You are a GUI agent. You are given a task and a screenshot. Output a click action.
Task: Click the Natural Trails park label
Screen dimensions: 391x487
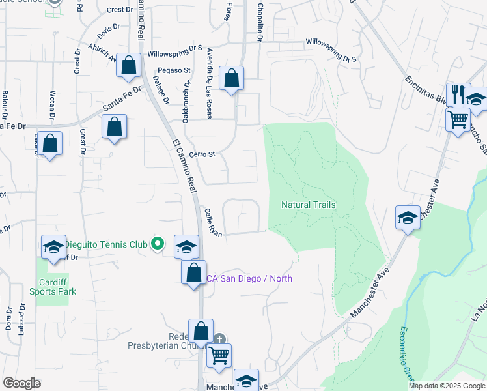coord(309,205)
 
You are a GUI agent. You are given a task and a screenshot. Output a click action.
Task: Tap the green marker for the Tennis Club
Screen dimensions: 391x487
coord(157,244)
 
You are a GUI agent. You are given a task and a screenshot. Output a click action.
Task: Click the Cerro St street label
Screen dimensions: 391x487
coord(202,154)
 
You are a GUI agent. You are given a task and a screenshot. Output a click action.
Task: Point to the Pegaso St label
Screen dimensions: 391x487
coord(173,70)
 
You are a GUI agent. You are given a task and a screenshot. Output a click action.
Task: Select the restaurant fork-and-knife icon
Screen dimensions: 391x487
coord(458,94)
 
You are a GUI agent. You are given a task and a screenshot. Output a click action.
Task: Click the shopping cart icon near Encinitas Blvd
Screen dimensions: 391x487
coord(458,119)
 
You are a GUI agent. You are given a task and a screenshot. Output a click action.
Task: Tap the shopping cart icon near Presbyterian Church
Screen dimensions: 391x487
coord(219,355)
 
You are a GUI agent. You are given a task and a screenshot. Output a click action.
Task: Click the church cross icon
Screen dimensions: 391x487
coord(219,339)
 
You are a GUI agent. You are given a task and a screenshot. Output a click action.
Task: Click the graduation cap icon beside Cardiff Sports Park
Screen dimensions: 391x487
coord(54,246)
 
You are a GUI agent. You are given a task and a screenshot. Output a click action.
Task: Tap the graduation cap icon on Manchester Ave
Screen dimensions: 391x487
coord(408,217)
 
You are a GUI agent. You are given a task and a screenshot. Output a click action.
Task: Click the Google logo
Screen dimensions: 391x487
coord(21,383)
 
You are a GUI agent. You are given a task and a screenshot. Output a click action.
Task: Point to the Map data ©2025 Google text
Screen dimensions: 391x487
coord(447,385)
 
